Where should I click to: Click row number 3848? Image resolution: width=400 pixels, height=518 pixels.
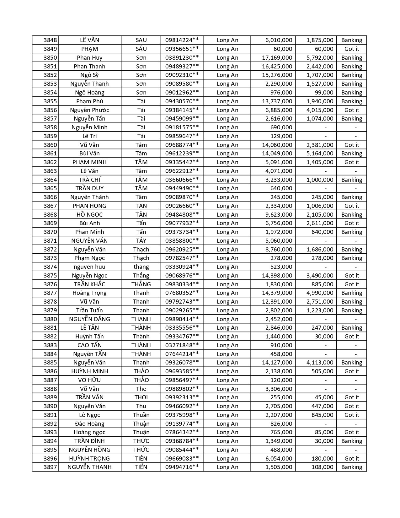(x=50, y=40)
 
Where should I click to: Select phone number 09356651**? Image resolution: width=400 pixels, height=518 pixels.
(x=182, y=49)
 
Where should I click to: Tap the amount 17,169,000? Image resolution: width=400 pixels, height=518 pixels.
(x=277, y=58)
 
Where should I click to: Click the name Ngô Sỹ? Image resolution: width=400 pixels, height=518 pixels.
(x=89, y=75)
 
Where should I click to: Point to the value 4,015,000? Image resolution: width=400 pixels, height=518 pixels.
(x=320, y=110)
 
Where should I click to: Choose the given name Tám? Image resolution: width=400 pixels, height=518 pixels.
(x=141, y=145)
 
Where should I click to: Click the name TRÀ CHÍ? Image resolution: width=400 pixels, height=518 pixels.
(x=89, y=180)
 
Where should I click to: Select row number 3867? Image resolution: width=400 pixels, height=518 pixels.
(x=50, y=206)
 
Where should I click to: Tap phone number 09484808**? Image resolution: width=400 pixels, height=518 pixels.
(x=182, y=215)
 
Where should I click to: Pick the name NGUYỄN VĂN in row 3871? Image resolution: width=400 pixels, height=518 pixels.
(x=89, y=241)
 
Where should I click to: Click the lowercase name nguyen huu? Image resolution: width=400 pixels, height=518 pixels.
(x=89, y=267)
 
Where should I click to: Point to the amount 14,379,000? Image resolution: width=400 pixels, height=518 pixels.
(x=277, y=293)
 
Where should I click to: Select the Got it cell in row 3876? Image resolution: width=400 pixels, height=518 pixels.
(x=352, y=284)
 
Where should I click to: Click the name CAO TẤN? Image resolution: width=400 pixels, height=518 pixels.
(x=89, y=345)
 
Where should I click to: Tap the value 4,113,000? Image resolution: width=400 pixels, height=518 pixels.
(x=320, y=363)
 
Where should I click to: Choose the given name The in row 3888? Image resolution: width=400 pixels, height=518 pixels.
(x=141, y=389)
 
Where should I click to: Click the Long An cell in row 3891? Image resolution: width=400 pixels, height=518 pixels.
(x=227, y=415)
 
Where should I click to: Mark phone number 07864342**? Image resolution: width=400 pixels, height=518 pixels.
(x=182, y=432)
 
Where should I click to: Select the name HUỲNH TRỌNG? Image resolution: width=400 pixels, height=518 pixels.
(x=89, y=459)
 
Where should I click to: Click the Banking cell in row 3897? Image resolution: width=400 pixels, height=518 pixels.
(x=352, y=467)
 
